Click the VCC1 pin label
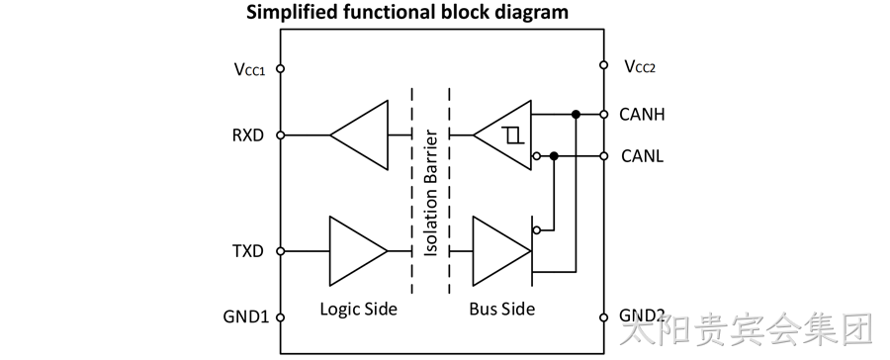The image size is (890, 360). point(249,69)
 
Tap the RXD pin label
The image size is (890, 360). point(248,135)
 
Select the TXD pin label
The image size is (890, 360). point(248,251)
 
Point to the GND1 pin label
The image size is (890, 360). point(246,316)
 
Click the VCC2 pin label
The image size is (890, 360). point(640,66)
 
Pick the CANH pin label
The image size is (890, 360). point(642,114)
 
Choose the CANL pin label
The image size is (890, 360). point(642,155)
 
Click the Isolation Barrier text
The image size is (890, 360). point(431,193)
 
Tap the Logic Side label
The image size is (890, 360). point(358,309)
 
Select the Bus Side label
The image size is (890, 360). point(501,309)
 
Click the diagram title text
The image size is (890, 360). point(407,12)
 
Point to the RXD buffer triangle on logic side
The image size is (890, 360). point(359,135)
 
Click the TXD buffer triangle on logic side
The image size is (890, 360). point(358,251)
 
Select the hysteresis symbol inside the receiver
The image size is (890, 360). point(512,135)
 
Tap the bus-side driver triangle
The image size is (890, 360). point(501,251)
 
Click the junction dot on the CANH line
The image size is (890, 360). point(576,114)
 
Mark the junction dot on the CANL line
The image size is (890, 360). point(555,155)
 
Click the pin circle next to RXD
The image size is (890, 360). point(280,135)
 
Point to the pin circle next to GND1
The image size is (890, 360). point(280,317)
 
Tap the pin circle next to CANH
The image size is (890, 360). point(604,114)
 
